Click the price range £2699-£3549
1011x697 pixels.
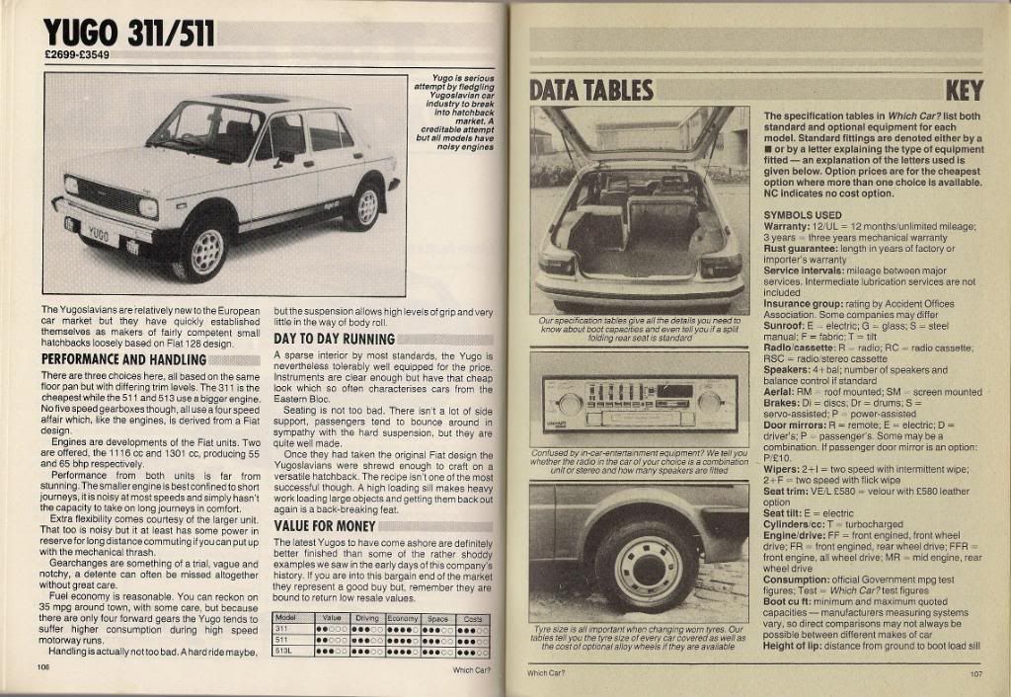click(x=77, y=55)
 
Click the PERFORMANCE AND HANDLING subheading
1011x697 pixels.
click(x=122, y=359)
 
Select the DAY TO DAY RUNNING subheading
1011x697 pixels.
click(x=334, y=339)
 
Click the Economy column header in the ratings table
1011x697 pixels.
click(x=403, y=618)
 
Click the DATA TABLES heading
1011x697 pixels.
click(x=591, y=91)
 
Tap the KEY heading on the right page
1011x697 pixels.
click(x=964, y=91)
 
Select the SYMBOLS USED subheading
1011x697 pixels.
click(x=803, y=214)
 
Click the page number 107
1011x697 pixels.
click(x=974, y=674)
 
